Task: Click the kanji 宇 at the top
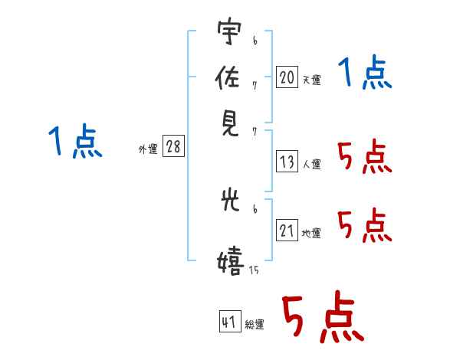[x=229, y=31]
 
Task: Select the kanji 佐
[x=228, y=77]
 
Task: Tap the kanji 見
[x=230, y=124]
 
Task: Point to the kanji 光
[x=230, y=200]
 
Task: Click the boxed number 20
[x=287, y=77]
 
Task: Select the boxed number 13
[x=287, y=162]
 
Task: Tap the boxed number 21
[x=287, y=230]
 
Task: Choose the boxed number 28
[x=173, y=146]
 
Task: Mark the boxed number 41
[x=230, y=321]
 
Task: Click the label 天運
[x=311, y=80]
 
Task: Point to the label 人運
[x=311, y=164]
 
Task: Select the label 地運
[x=311, y=234]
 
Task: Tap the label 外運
[x=148, y=149]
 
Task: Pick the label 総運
[x=255, y=325]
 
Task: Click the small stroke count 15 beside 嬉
[x=254, y=270]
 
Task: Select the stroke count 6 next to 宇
[x=255, y=41]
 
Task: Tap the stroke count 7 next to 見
[x=255, y=132]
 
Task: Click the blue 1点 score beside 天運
[x=365, y=72]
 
